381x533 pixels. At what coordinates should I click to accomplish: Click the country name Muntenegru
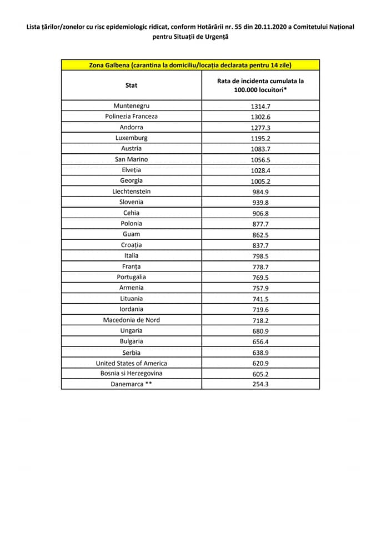[x=131, y=105]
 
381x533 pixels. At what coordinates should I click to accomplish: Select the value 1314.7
[x=260, y=105]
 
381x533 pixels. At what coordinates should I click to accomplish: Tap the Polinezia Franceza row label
[x=131, y=116]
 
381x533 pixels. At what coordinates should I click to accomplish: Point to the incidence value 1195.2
[x=260, y=138]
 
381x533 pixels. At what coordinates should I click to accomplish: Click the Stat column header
[x=131, y=86]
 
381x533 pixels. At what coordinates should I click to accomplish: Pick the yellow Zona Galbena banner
[x=190, y=64]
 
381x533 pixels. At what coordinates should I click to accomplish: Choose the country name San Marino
[x=131, y=159]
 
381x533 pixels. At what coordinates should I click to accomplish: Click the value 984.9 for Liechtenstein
[x=260, y=192]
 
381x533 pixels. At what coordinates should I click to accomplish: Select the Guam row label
[x=131, y=234]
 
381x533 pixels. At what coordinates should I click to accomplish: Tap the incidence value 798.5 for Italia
[x=260, y=256]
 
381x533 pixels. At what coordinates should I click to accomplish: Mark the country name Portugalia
[x=131, y=277]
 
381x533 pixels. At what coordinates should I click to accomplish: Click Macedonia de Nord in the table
[x=131, y=320]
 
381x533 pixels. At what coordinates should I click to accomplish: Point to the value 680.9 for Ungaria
[x=260, y=331]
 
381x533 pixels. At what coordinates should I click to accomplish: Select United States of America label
[x=131, y=363]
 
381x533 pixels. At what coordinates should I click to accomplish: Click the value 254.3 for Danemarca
[x=260, y=384]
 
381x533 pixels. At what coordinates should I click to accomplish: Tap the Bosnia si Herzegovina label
[x=131, y=374]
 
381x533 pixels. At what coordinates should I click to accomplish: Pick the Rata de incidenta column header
[x=260, y=85]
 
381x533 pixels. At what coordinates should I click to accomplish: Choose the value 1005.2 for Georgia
[x=260, y=180]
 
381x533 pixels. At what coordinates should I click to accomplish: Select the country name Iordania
[x=131, y=309]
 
